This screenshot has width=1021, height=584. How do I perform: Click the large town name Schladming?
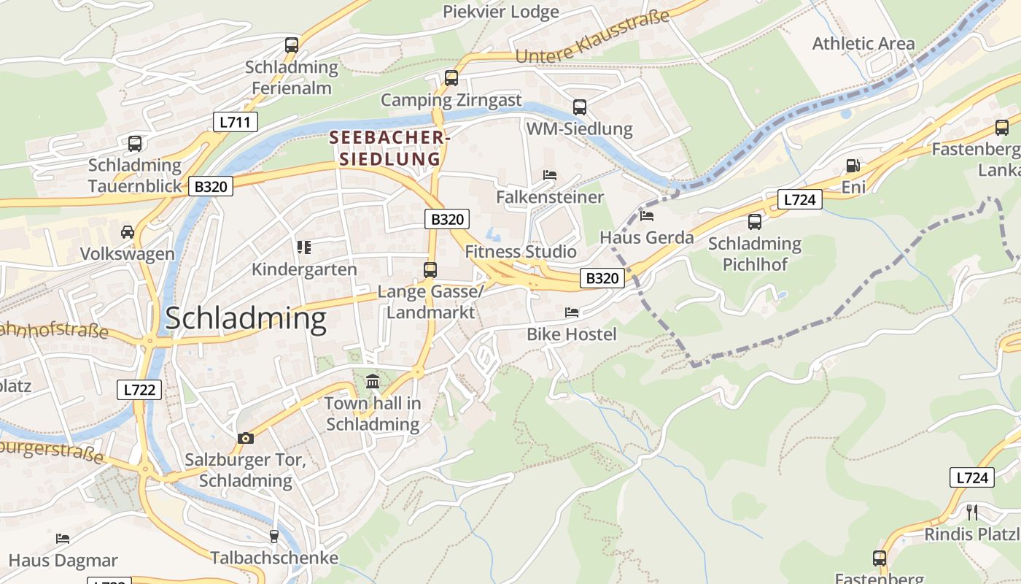[x=246, y=319]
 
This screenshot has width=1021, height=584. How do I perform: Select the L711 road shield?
[x=236, y=122]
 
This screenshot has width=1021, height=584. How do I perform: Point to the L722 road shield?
[x=139, y=390]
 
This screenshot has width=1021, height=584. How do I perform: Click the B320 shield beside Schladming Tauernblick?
[x=211, y=186]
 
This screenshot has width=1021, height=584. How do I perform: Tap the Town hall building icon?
[x=373, y=381]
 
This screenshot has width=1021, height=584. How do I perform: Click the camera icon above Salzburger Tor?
[x=246, y=438]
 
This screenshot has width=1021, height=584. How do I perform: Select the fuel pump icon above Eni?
[x=853, y=166]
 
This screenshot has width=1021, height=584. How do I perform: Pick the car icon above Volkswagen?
[x=128, y=232]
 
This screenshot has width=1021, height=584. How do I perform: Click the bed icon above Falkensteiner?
[x=550, y=175]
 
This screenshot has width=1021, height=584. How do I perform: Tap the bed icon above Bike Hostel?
[x=572, y=312]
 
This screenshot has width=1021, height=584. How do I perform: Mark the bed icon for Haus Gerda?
[x=647, y=215]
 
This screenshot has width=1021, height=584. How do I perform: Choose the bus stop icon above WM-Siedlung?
[x=579, y=107]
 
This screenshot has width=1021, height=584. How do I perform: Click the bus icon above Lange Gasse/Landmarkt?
[x=430, y=270]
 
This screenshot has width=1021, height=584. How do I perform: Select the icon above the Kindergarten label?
[x=304, y=247]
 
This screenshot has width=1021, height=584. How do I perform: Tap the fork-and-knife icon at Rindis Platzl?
[x=971, y=512]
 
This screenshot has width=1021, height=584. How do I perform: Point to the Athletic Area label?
[x=863, y=44]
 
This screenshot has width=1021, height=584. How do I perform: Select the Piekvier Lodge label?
[x=501, y=12]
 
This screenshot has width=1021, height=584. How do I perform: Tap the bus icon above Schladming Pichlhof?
[x=755, y=221]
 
